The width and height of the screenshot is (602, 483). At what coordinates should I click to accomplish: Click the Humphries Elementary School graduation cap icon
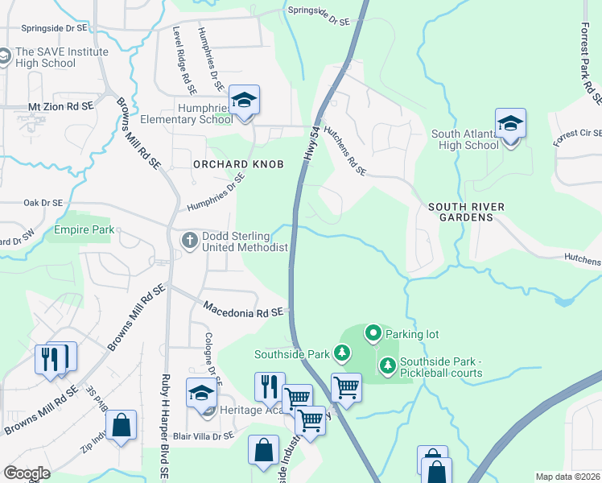(244, 101)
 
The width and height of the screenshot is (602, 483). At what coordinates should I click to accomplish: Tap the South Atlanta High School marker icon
(510, 124)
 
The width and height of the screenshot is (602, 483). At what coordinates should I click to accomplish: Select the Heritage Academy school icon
(202, 394)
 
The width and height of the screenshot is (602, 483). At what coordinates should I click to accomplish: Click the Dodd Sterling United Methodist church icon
(190, 240)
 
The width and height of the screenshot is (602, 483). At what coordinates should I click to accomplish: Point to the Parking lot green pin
(373, 332)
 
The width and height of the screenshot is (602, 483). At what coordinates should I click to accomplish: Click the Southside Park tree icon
(342, 353)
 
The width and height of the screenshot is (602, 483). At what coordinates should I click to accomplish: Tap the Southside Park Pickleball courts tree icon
(387, 366)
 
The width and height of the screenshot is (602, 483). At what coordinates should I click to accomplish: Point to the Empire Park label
(80, 229)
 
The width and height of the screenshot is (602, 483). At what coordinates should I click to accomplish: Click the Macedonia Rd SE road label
(244, 310)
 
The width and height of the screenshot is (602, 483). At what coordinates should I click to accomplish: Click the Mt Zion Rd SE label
(61, 106)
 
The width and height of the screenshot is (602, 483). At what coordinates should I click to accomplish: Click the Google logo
(27, 473)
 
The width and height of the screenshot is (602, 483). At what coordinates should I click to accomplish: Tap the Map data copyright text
(567, 477)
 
